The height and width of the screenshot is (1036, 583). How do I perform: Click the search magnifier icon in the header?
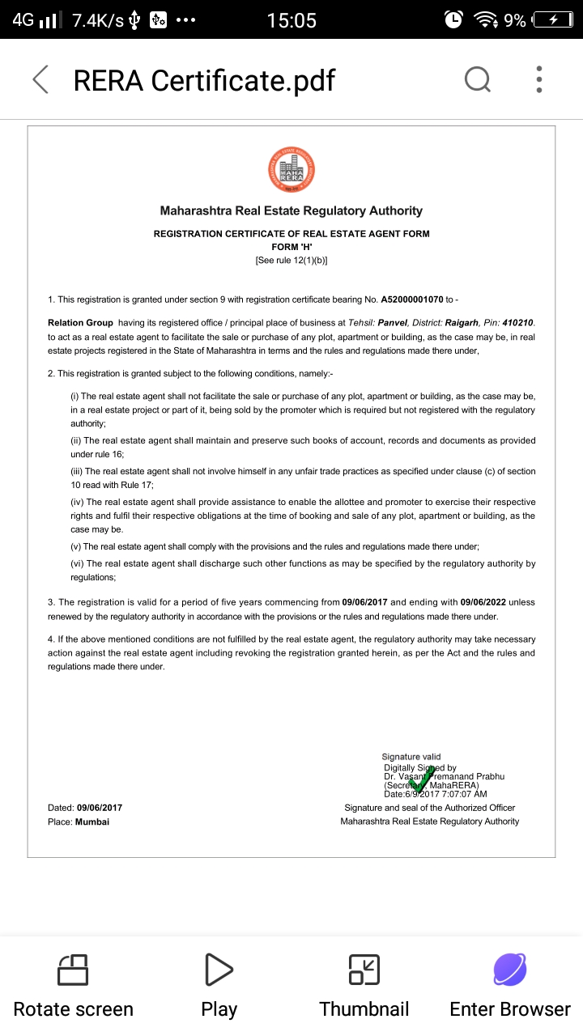[477, 79]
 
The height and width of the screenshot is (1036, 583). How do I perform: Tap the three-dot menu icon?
[539, 79]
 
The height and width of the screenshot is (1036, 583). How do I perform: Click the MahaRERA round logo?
[291, 169]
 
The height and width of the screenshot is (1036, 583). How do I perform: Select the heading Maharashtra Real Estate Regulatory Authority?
[291, 211]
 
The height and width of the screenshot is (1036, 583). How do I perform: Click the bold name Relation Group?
[80, 322]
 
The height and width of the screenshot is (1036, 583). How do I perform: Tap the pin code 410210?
[517, 322]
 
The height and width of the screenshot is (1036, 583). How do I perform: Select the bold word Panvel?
[394, 322]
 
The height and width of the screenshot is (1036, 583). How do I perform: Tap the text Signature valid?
[411, 757]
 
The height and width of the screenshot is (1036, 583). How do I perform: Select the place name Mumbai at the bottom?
[92, 822]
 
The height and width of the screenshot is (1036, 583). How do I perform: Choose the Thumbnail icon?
[364, 970]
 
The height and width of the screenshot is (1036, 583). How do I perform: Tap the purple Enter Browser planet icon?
[510, 970]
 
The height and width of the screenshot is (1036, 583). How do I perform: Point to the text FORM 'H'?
[291, 247]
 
